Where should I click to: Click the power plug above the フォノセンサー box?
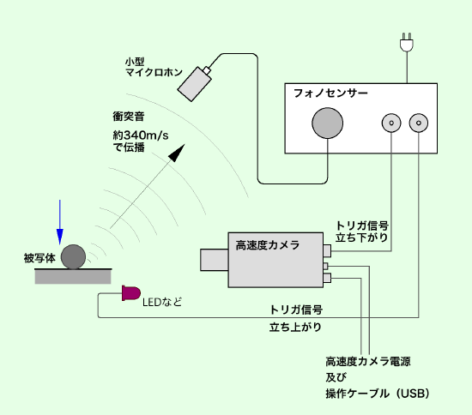tap(407, 43)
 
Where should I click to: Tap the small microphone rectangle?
tap(195, 84)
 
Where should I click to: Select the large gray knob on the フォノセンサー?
tap(328, 123)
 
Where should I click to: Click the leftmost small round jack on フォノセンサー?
tap(391, 123)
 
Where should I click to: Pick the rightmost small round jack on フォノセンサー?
tap(419, 123)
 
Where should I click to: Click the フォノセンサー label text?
tap(330, 93)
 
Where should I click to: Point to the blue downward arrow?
tap(60, 222)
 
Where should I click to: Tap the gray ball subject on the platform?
tap(73, 257)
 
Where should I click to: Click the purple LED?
tap(131, 293)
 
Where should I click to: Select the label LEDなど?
tap(162, 302)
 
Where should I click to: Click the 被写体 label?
tap(39, 258)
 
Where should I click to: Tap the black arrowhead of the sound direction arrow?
tap(177, 153)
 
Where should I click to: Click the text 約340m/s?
tap(141, 135)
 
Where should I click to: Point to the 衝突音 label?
tap(129, 117)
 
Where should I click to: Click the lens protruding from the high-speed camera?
tap(215, 260)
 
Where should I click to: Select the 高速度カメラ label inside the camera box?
tap(268, 245)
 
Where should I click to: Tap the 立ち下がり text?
tap(362, 238)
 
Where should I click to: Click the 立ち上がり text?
tap(295, 327)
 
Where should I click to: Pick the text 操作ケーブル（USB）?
tap(378, 394)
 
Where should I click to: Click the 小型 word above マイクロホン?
tap(135, 62)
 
